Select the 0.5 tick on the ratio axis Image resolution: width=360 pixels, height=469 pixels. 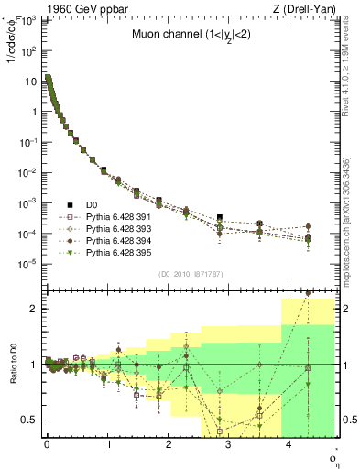tap(33, 420)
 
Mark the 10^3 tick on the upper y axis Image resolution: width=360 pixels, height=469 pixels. tap(29, 21)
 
